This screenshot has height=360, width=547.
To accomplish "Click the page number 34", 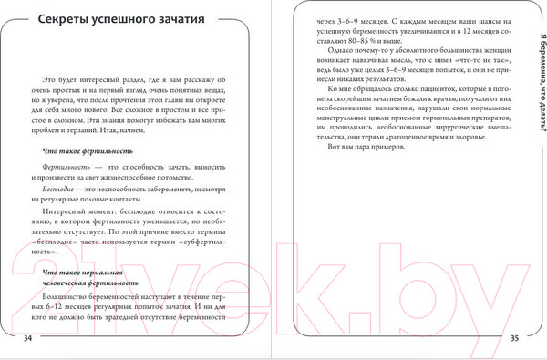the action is pos(26,338).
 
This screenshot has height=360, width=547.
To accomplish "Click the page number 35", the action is pos(514,338).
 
